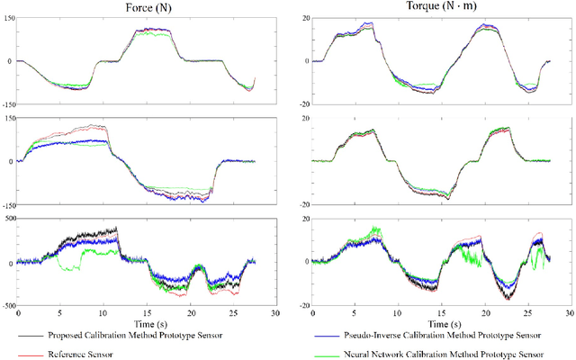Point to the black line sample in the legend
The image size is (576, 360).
24,335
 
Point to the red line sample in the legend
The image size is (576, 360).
24,354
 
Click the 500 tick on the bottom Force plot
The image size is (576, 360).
8,218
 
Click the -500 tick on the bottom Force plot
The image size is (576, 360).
7,306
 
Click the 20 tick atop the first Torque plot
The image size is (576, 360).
304,18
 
